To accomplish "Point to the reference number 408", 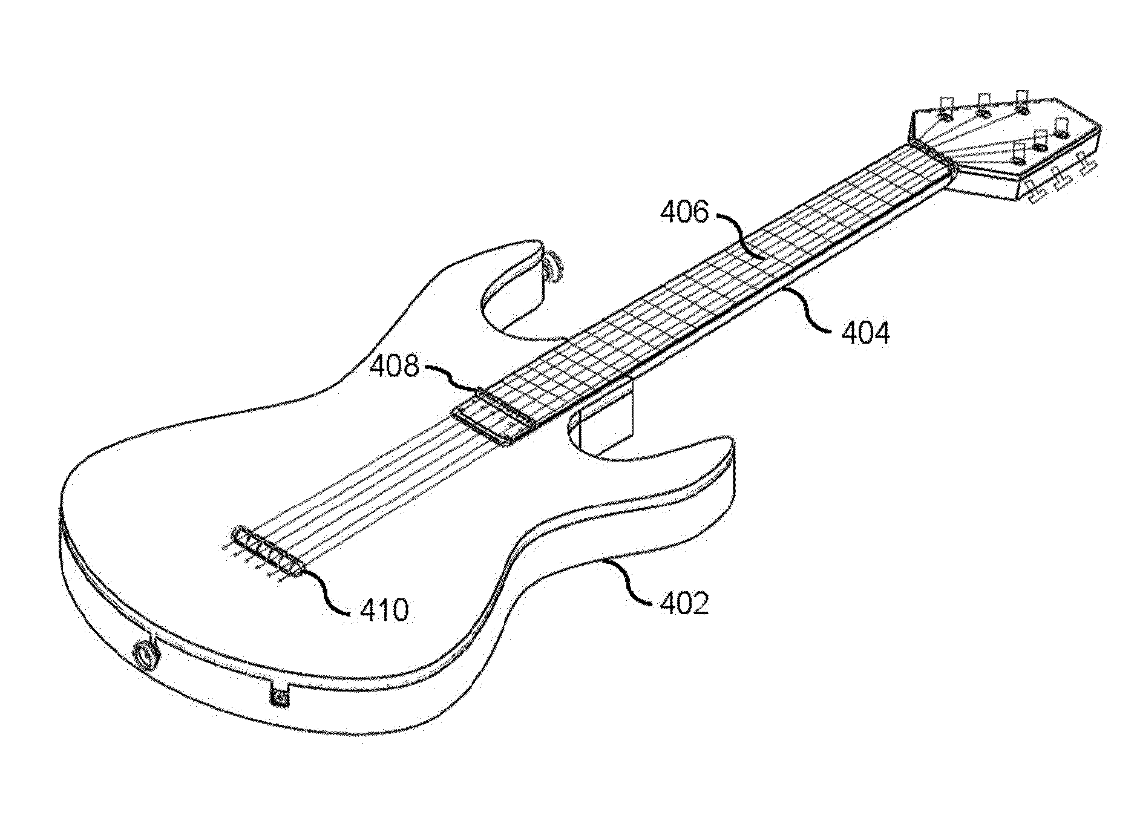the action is coord(395,366).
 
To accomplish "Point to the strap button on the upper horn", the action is coord(553,267).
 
